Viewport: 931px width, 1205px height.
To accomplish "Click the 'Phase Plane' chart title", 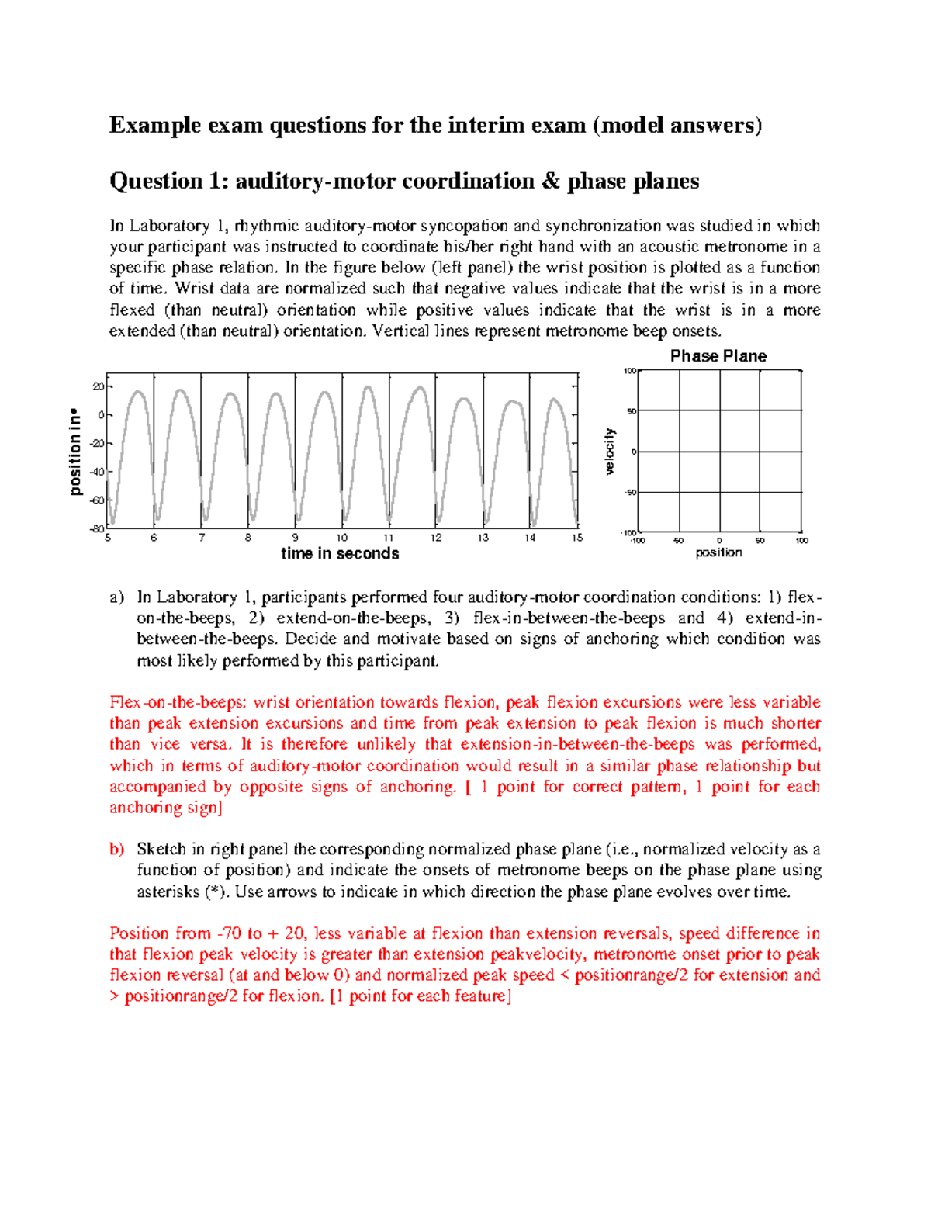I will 718,356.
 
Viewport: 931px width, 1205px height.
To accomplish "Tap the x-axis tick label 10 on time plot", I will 342,538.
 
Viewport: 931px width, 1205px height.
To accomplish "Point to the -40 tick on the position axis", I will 97,472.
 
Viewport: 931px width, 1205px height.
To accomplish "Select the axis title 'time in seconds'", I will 340,553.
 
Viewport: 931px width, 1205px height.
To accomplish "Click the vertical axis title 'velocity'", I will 610,451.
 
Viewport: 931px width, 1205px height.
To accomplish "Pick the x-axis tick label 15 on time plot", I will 577,538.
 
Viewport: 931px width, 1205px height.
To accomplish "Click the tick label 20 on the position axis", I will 98,386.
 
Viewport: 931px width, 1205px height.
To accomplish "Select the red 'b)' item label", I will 117,849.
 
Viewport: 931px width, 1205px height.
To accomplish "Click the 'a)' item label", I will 117,597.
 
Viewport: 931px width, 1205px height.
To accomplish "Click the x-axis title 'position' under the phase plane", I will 718,552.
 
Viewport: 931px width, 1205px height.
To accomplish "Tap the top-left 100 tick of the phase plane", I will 630,372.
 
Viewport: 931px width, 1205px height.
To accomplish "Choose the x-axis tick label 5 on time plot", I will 108,538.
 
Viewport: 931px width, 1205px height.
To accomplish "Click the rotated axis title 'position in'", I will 75,452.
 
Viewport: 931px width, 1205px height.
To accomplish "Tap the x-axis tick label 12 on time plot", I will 436,538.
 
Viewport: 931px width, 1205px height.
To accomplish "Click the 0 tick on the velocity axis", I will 634,452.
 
